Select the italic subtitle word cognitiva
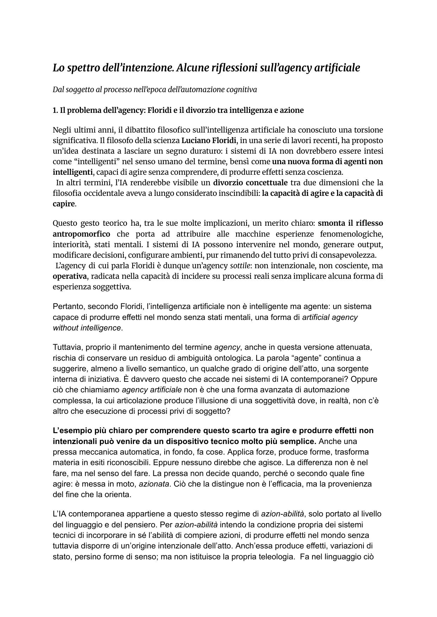tap(242, 89)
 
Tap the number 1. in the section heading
tap(55, 110)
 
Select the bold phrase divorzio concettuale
tap(250, 183)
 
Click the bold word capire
tap(63, 204)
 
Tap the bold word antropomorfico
tap(81, 234)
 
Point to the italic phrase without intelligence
tap(87, 328)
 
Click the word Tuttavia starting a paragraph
tap(66, 347)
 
